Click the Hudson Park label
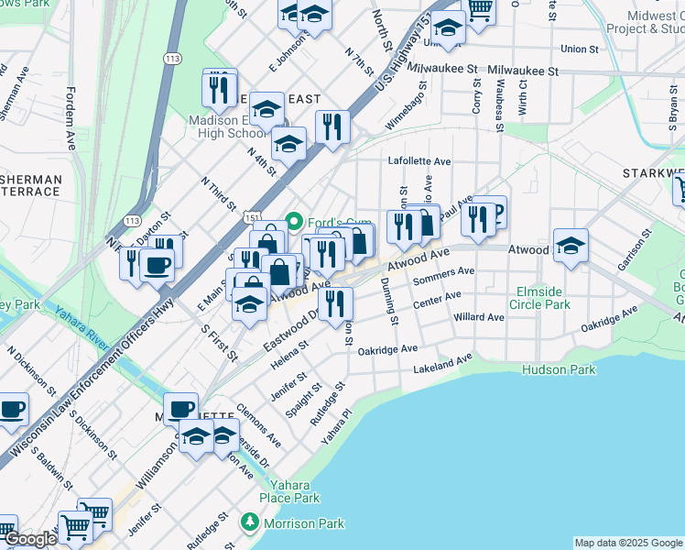pyautogui.click(x=558, y=369)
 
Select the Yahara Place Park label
pyautogui.click(x=288, y=491)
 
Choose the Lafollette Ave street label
pyautogui.click(x=419, y=161)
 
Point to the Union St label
pyautogui.click(x=579, y=49)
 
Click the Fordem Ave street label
pyautogui.click(x=71, y=118)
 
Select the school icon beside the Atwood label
pyautogui.click(x=570, y=246)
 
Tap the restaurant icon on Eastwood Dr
pyautogui.click(x=337, y=305)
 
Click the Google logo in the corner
pyautogui.click(x=30, y=539)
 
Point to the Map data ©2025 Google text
pyautogui.click(x=628, y=543)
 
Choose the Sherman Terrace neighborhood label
pyautogui.click(x=30, y=185)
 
